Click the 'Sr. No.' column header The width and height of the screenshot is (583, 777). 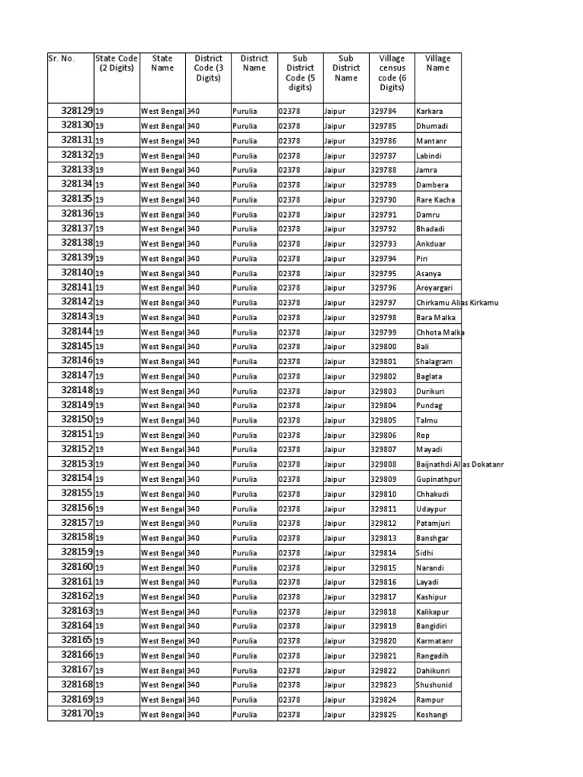(x=61, y=58)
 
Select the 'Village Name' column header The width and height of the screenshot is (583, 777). (x=437, y=63)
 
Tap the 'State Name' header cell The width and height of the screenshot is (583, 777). (x=162, y=63)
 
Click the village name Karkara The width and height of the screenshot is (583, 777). (x=429, y=112)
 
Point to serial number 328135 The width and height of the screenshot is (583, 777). (x=77, y=199)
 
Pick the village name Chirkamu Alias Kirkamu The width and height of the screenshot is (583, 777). (x=456, y=303)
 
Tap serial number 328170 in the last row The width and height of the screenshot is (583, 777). (x=77, y=714)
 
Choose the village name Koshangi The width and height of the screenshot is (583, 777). (x=431, y=715)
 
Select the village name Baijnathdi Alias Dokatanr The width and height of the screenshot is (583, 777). (x=459, y=464)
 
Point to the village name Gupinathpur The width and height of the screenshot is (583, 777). (x=438, y=480)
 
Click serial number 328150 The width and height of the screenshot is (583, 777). (x=77, y=420)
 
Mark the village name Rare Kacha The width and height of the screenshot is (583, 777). (x=435, y=200)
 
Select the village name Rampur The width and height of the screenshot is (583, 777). (x=429, y=700)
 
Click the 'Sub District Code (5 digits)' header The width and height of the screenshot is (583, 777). (x=300, y=73)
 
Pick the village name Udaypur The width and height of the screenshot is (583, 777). (x=430, y=508)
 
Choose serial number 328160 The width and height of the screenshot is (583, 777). (x=77, y=567)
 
